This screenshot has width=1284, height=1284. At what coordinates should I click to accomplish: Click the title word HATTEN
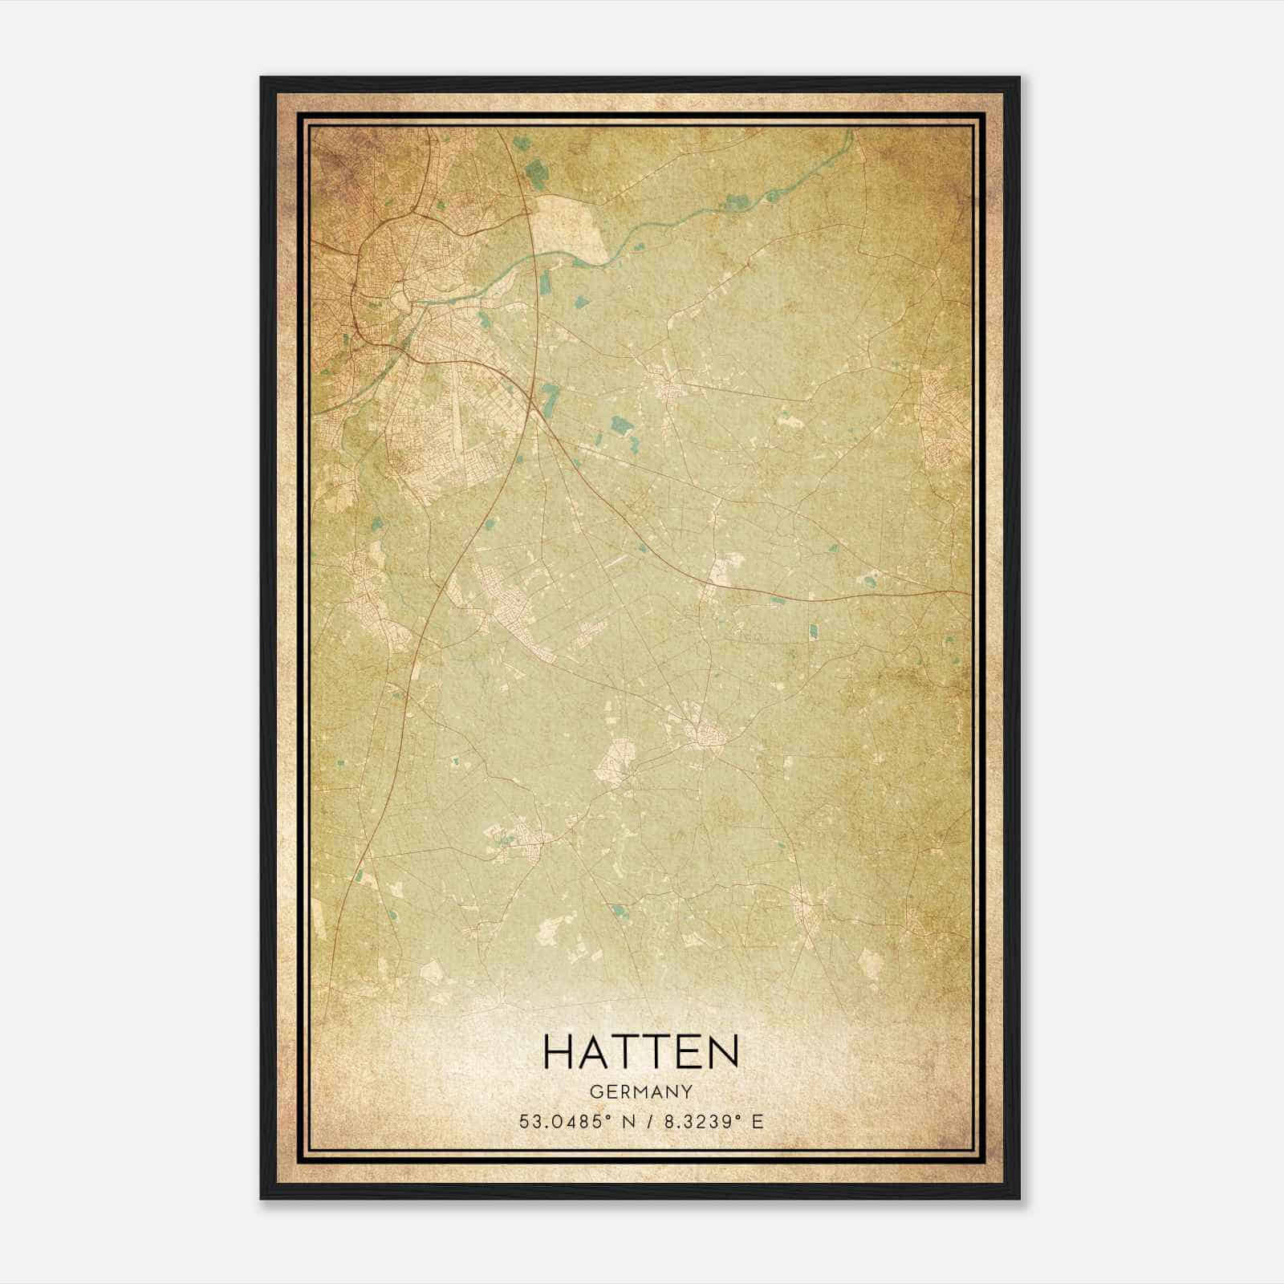(640, 1052)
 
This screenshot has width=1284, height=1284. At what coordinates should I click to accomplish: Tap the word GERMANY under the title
(640, 1092)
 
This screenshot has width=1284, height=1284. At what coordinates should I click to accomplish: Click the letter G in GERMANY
(595, 1092)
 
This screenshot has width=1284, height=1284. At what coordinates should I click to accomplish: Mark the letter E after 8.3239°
(757, 1121)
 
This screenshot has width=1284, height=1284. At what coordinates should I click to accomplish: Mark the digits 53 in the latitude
(528, 1121)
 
